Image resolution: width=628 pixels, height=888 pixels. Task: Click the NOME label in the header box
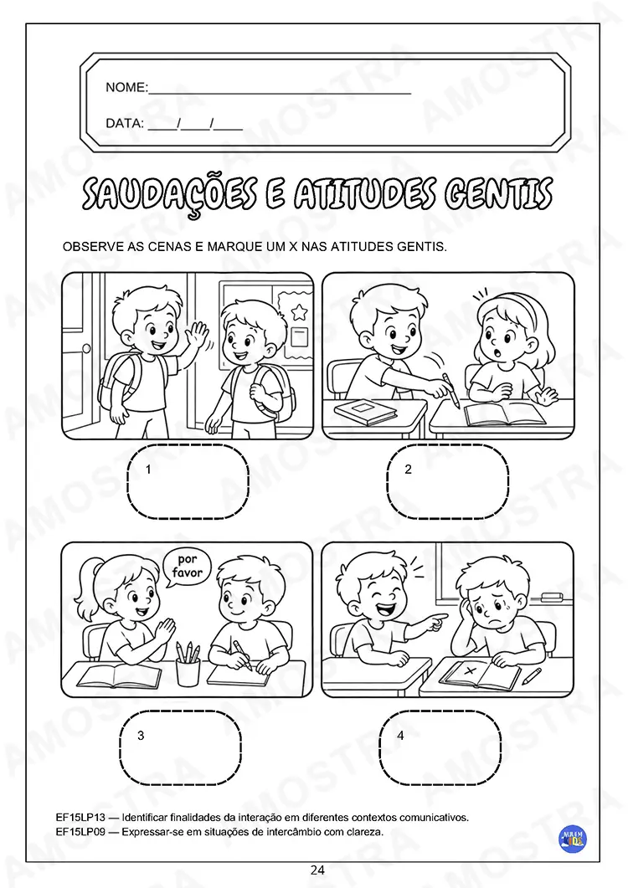(x=126, y=87)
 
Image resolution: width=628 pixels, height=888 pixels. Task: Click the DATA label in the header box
(x=125, y=124)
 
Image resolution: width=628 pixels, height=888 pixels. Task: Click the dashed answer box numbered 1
(x=188, y=481)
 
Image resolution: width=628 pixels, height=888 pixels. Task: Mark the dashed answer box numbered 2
(x=448, y=481)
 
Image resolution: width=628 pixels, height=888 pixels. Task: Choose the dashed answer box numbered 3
(x=181, y=747)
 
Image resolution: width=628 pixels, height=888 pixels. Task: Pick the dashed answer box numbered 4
(x=440, y=747)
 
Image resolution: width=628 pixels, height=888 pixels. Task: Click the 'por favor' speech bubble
(x=187, y=567)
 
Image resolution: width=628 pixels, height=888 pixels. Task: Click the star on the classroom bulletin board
(x=298, y=311)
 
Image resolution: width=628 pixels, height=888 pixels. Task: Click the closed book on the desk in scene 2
(x=365, y=412)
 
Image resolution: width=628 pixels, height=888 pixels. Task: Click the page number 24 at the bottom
(x=317, y=870)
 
